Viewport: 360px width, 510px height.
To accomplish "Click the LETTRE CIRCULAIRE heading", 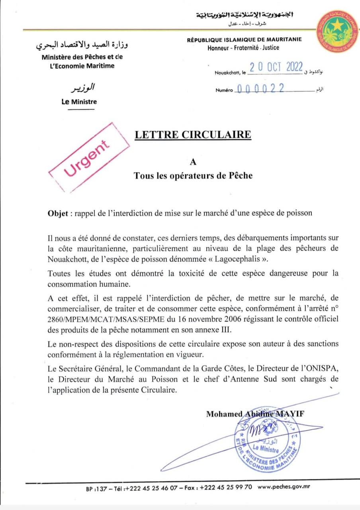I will (193, 135).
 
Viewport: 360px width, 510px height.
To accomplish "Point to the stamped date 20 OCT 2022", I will (276, 67).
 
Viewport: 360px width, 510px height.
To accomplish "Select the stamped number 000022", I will (260, 89).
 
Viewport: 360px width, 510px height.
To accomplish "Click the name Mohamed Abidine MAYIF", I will (255, 414).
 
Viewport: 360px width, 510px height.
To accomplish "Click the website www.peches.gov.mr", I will (284, 487).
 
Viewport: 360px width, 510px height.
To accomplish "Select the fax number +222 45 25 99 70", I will (226, 487).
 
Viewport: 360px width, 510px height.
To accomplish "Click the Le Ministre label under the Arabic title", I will (79, 102).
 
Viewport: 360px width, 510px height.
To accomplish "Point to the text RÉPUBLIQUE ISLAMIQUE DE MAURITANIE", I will (244, 39).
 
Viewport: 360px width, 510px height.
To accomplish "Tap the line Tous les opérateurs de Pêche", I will (193, 175).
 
